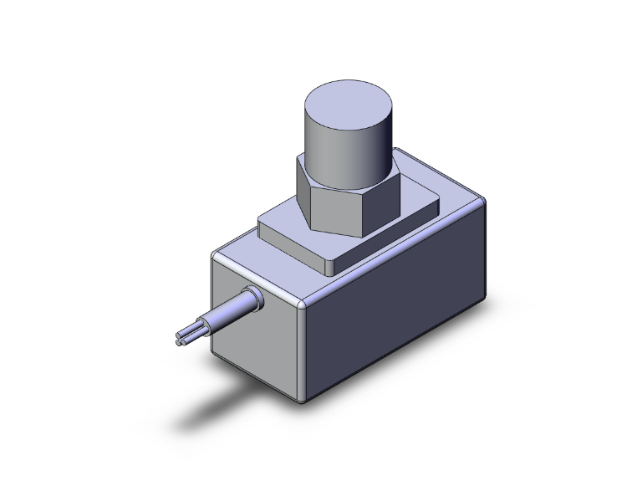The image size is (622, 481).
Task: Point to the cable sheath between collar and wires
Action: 222,319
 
